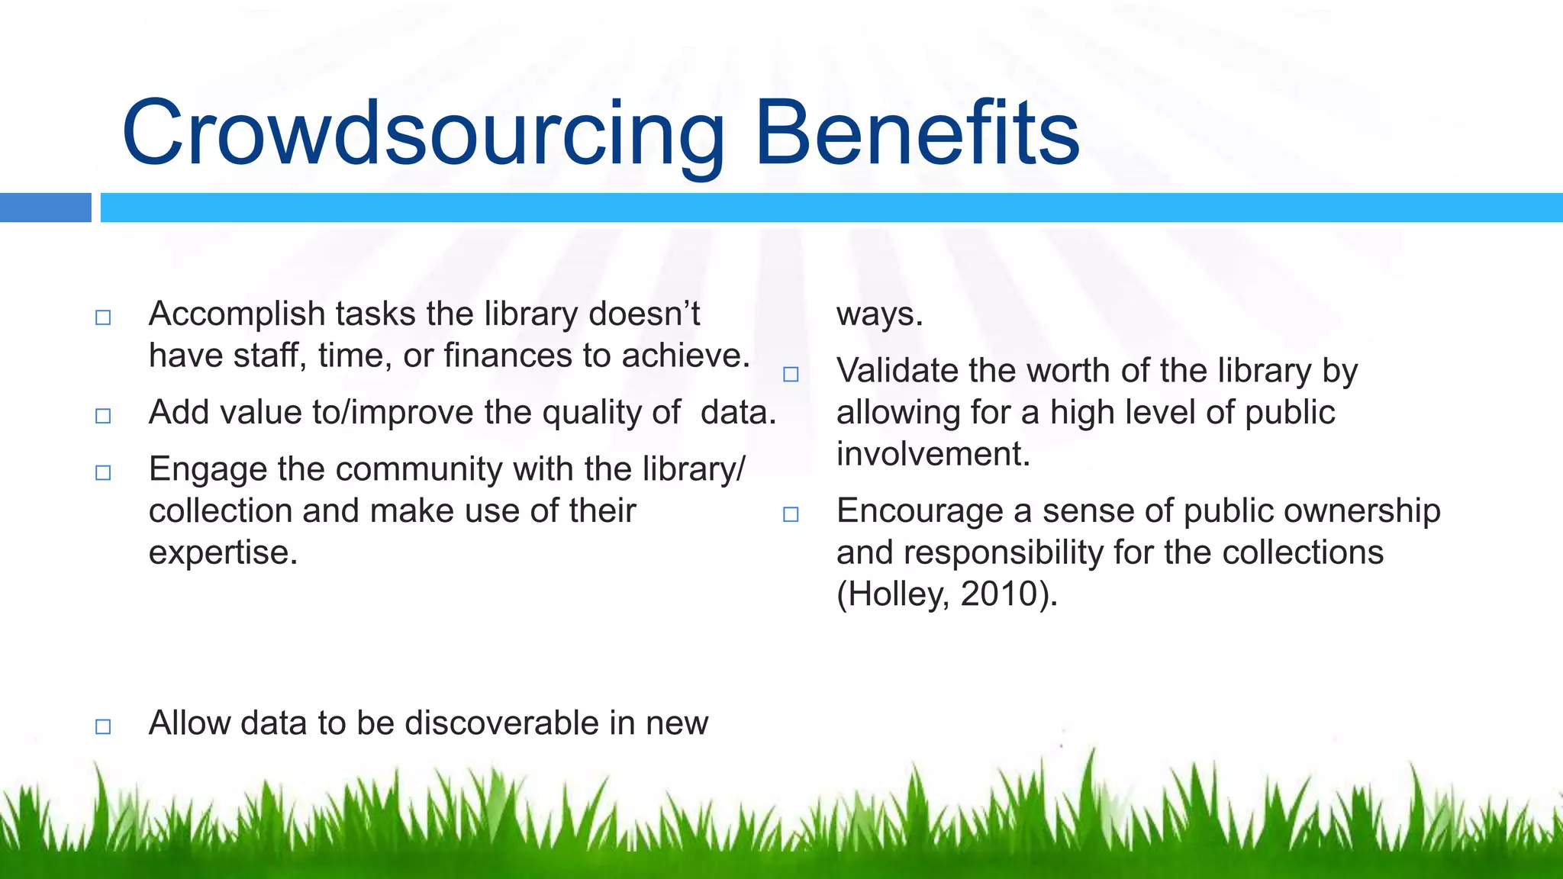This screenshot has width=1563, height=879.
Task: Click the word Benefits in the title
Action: [x=917, y=134]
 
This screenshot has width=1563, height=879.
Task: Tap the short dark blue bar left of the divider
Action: [x=45, y=208]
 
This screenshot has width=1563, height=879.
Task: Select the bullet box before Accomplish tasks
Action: [x=103, y=317]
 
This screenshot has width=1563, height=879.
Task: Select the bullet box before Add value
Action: [x=103, y=416]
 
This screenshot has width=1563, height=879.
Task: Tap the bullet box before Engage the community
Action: [x=103, y=473]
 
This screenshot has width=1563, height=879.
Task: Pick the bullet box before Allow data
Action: [x=103, y=726]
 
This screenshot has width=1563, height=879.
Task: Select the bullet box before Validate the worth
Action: [x=791, y=375]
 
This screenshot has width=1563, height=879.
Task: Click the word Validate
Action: [x=897, y=371]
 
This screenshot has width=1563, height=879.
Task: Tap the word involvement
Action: [x=933, y=454]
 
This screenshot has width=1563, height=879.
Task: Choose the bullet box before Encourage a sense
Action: [x=791, y=515]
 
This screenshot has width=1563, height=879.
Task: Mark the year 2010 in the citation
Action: [x=997, y=594]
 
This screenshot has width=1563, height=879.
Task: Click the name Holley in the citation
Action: [x=894, y=594]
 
